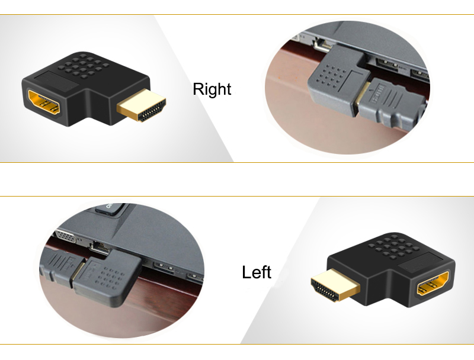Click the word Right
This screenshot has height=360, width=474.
coord(212,89)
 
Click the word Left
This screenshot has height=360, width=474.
coord(257,272)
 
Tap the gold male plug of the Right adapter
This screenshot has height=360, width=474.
coord(142,105)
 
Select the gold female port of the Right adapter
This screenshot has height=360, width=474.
coord(44,101)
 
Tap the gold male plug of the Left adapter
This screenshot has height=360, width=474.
coord(335,285)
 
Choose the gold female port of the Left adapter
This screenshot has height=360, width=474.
coord(433,283)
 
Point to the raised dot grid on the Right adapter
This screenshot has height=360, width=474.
coord(86,65)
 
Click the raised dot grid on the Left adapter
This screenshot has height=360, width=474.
coord(393,247)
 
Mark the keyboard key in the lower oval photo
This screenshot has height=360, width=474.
coord(110,208)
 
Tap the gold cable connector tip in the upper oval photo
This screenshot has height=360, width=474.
coord(363,96)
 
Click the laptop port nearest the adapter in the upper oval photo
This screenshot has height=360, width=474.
coord(387,65)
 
